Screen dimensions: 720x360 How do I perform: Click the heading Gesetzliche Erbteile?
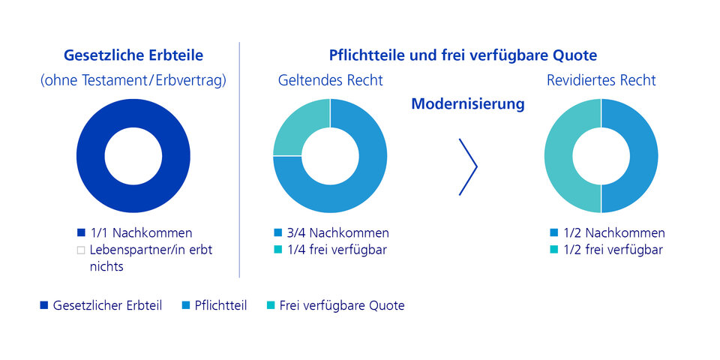[x=133, y=55]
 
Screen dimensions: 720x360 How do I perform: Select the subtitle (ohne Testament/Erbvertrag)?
[x=133, y=80]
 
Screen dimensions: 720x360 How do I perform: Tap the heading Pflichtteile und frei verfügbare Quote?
[x=463, y=55]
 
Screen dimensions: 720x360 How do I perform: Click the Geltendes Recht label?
[x=330, y=80]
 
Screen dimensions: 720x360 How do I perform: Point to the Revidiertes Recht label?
[x=601, y=80]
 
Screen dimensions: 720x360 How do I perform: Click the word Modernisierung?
[x=468, y=104]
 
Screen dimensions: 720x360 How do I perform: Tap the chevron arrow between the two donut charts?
[x=468, y=166]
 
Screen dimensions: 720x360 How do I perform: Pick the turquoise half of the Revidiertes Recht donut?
[x=558, y=156]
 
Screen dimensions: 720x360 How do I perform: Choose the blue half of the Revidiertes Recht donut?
[x=643, y=156]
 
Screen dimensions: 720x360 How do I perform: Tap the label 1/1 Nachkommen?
[x=140, y=232]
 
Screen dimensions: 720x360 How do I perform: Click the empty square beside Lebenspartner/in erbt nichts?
[x=81, y=250]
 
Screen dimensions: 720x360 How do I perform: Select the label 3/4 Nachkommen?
[x=337, y=232]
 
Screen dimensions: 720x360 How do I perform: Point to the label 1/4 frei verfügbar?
[x=337, y=250]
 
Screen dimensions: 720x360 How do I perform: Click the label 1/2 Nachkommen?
[x=614, y=232]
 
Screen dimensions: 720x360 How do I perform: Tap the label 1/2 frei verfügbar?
[x=613, y=250]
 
